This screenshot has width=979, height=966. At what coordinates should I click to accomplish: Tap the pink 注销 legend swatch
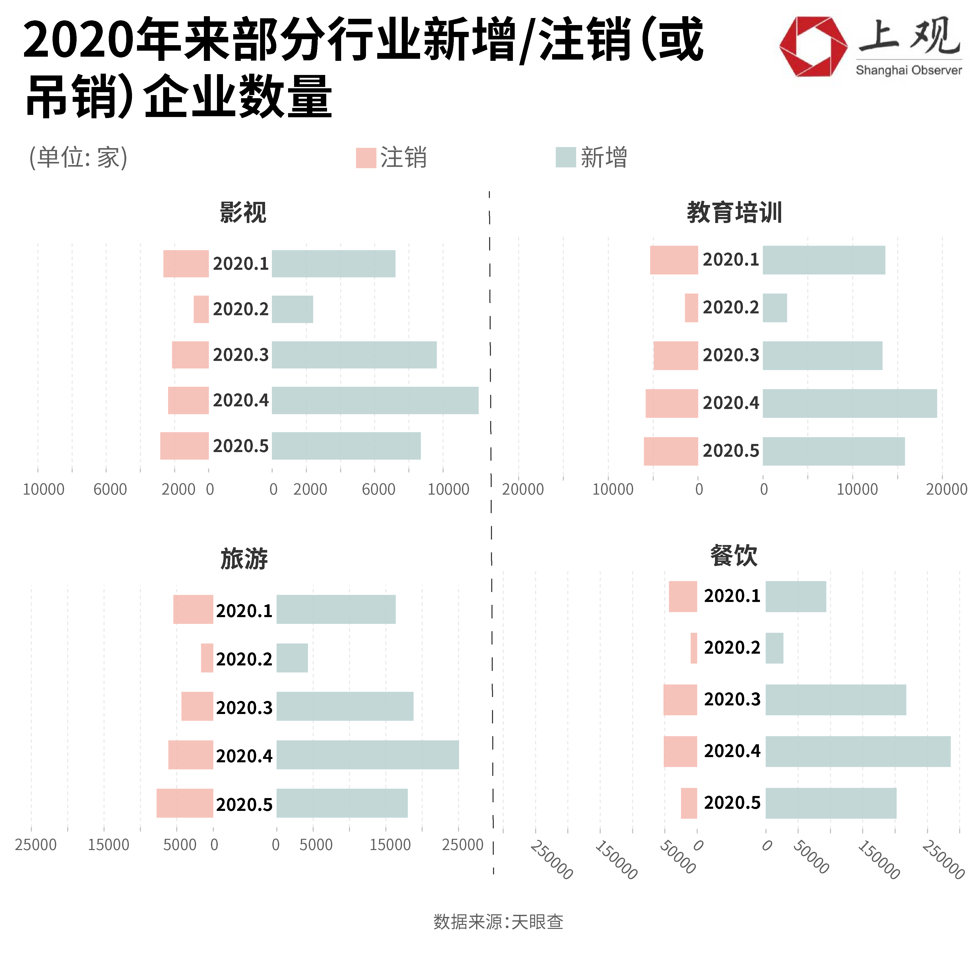tap(366, 157)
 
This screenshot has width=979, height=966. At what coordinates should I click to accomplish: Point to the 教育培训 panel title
tap(734, 212)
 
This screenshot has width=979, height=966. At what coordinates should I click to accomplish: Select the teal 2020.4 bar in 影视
tap(375, 400)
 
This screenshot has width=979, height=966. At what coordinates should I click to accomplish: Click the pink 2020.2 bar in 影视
tap(201, 309)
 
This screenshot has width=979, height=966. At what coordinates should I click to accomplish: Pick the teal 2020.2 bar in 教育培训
tap(775, 308)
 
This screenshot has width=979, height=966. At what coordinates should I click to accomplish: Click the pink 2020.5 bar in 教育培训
tap(671, 451)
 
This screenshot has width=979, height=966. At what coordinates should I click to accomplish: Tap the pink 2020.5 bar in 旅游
tap(185, 803)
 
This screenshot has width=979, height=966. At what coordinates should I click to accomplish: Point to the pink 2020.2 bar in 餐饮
tap(694, 648)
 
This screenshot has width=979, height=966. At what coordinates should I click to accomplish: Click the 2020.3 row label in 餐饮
tap(732, 699)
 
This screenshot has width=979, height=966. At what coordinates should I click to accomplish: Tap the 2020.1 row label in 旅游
tap(244, 611)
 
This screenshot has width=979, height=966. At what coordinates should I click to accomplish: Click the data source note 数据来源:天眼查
tap(498, 921)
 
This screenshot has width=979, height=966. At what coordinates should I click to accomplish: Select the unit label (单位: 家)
tap(78, 157)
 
